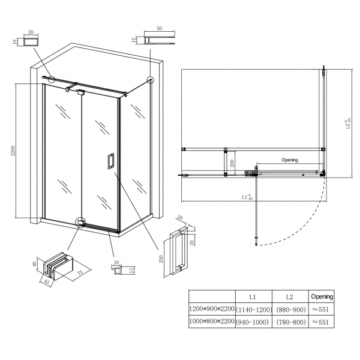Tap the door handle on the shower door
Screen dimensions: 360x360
point(110,162)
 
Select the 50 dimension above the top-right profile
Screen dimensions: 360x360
point(160,28)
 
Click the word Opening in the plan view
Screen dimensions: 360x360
point(290,160)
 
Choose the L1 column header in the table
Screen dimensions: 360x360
point(253,296)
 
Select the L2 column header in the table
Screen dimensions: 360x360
point(289,296)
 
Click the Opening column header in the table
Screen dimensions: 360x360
point(322,296)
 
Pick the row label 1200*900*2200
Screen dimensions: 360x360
point(212,309)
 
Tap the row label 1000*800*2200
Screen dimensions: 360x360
point(212,322)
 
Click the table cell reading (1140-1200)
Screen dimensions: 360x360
point(253,309)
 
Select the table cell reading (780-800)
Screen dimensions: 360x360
point(289,322)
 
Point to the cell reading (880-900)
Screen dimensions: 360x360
point(289,309)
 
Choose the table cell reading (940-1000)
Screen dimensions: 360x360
point(253,322)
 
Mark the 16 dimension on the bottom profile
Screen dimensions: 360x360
point(116,262)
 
